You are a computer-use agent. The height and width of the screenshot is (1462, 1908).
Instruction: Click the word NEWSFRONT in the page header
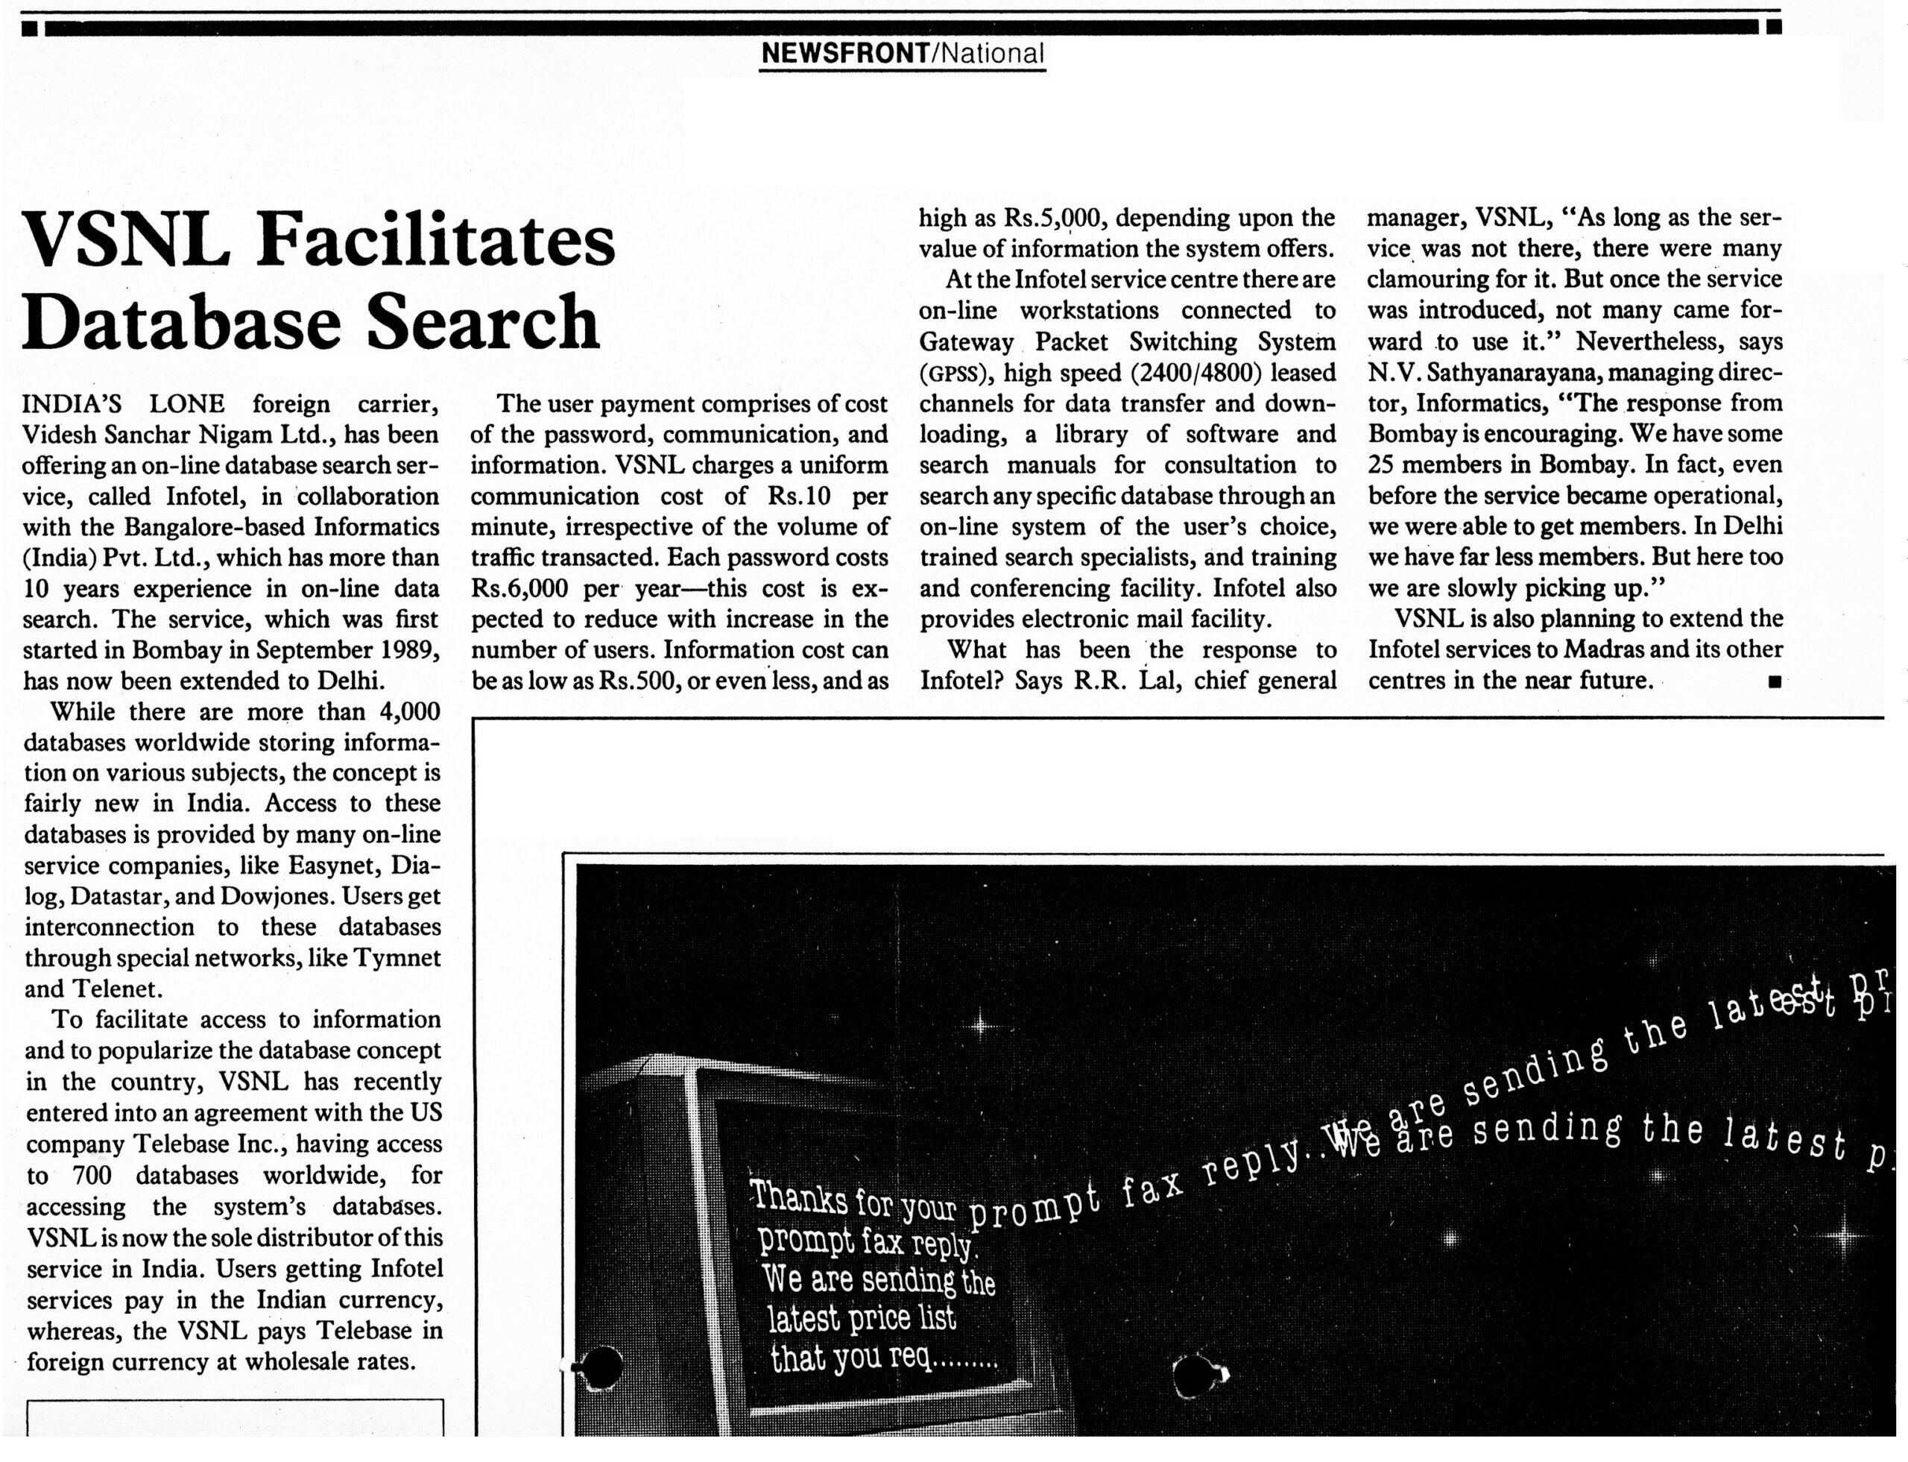click(844, 54)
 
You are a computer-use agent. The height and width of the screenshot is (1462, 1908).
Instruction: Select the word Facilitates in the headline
click(435, 240)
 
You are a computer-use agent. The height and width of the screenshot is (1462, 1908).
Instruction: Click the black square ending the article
click(1774, 681)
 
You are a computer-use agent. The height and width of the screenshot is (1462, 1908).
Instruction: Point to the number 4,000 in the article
click(409, 712)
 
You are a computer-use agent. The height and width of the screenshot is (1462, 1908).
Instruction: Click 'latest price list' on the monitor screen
click(862, 1318)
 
